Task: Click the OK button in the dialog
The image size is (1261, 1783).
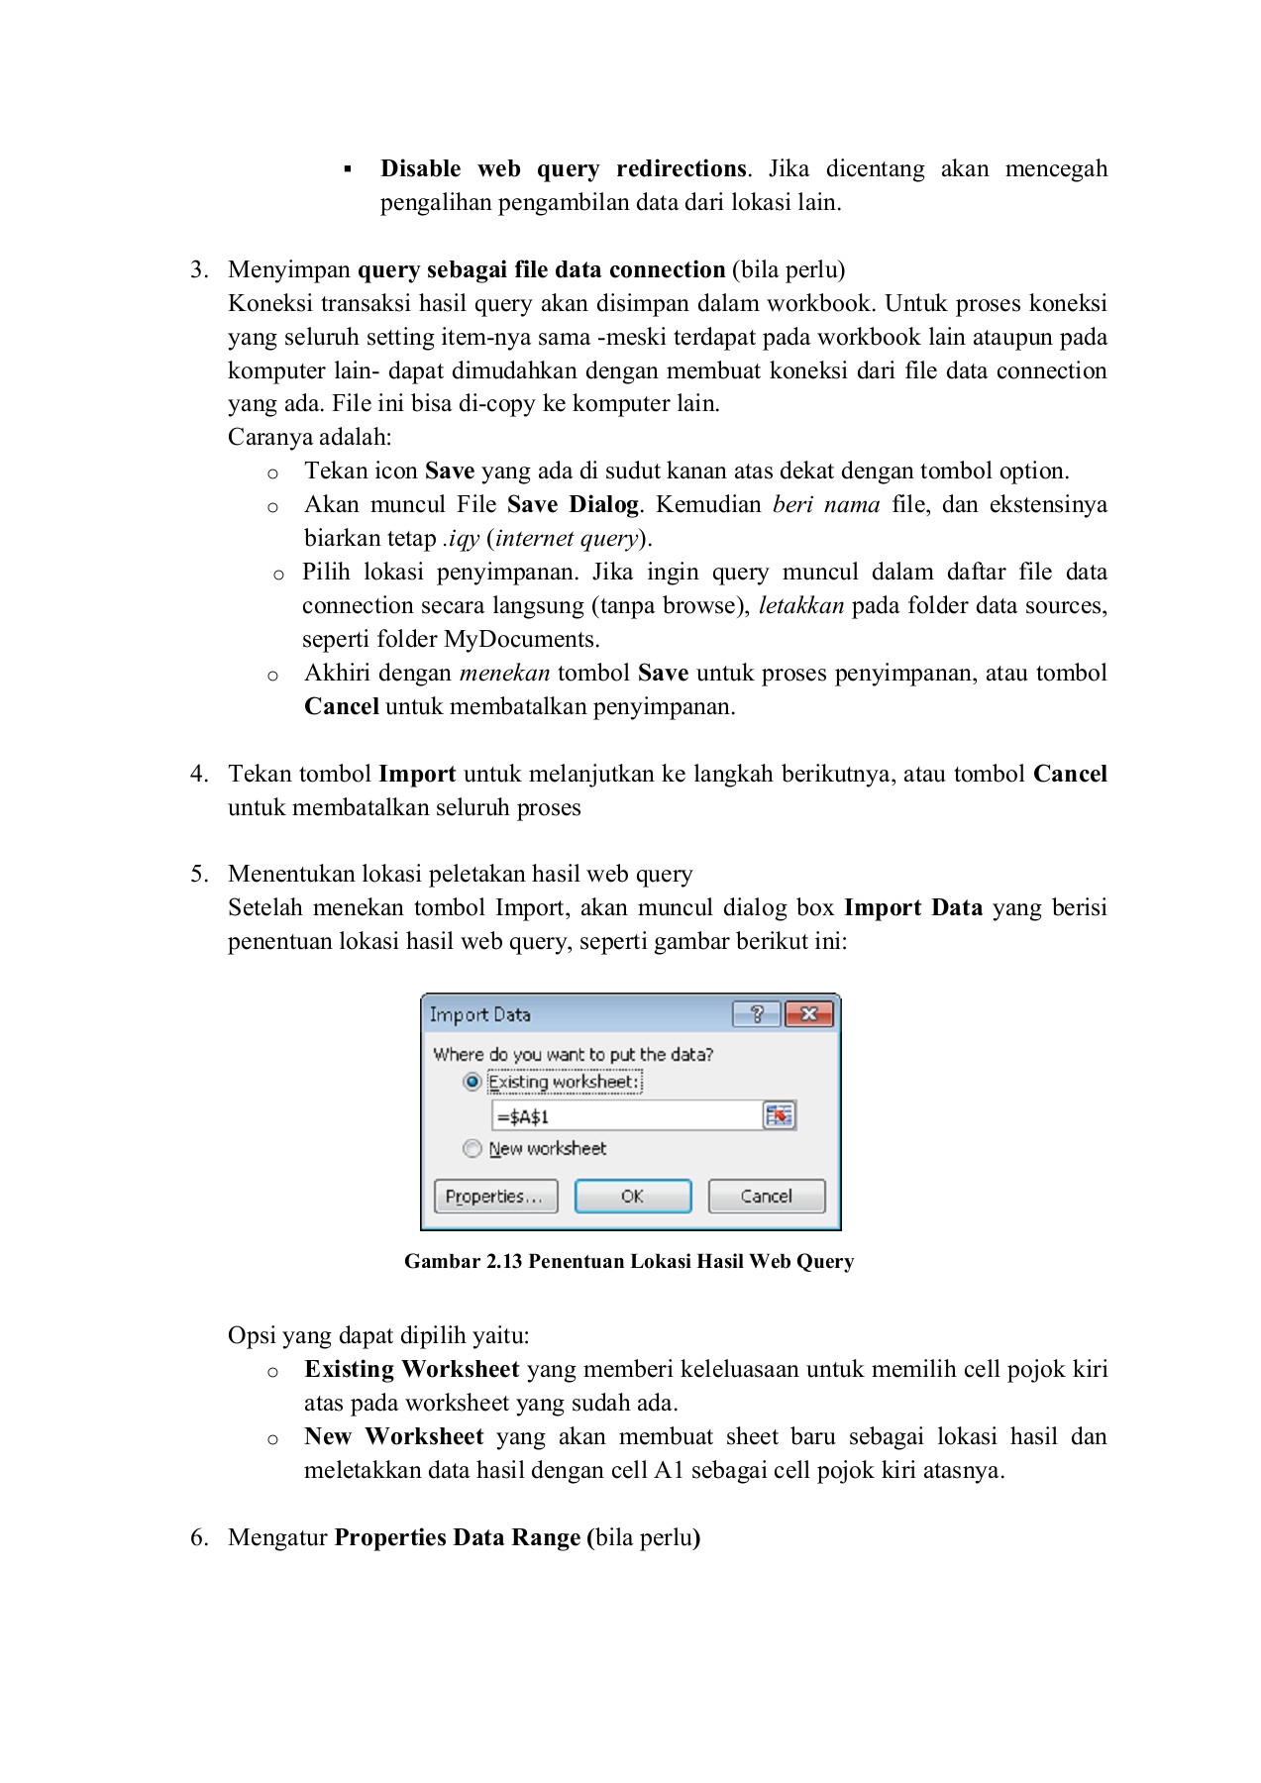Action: tap(632, 1197)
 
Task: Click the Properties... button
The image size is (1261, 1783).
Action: tap(495, 1197)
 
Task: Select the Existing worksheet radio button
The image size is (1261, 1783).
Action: tap(473, 1082)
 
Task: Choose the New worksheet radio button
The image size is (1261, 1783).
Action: tap(473, 1148)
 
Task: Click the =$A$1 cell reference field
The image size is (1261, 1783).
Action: tap(626, 1116)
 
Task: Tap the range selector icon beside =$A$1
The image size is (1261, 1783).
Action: tap(780, 1116)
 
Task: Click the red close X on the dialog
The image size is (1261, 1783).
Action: tap(809, 1014)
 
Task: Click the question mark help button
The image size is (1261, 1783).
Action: tap(757, 1014)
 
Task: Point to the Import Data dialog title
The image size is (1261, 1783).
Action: tap(480, 1014)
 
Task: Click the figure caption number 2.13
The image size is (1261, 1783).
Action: tap(504, 1261)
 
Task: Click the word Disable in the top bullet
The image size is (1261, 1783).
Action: tap(420, 168)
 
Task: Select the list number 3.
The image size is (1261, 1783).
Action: tap(198, 269)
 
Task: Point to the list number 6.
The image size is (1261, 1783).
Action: tap(198, 1537)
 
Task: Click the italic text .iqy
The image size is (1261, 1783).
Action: tap(461, 539)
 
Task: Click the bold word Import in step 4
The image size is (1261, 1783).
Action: tap(417, 774)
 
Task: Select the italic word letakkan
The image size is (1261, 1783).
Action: tap(801, 605)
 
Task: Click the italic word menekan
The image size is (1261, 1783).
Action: tap(504, 673)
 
